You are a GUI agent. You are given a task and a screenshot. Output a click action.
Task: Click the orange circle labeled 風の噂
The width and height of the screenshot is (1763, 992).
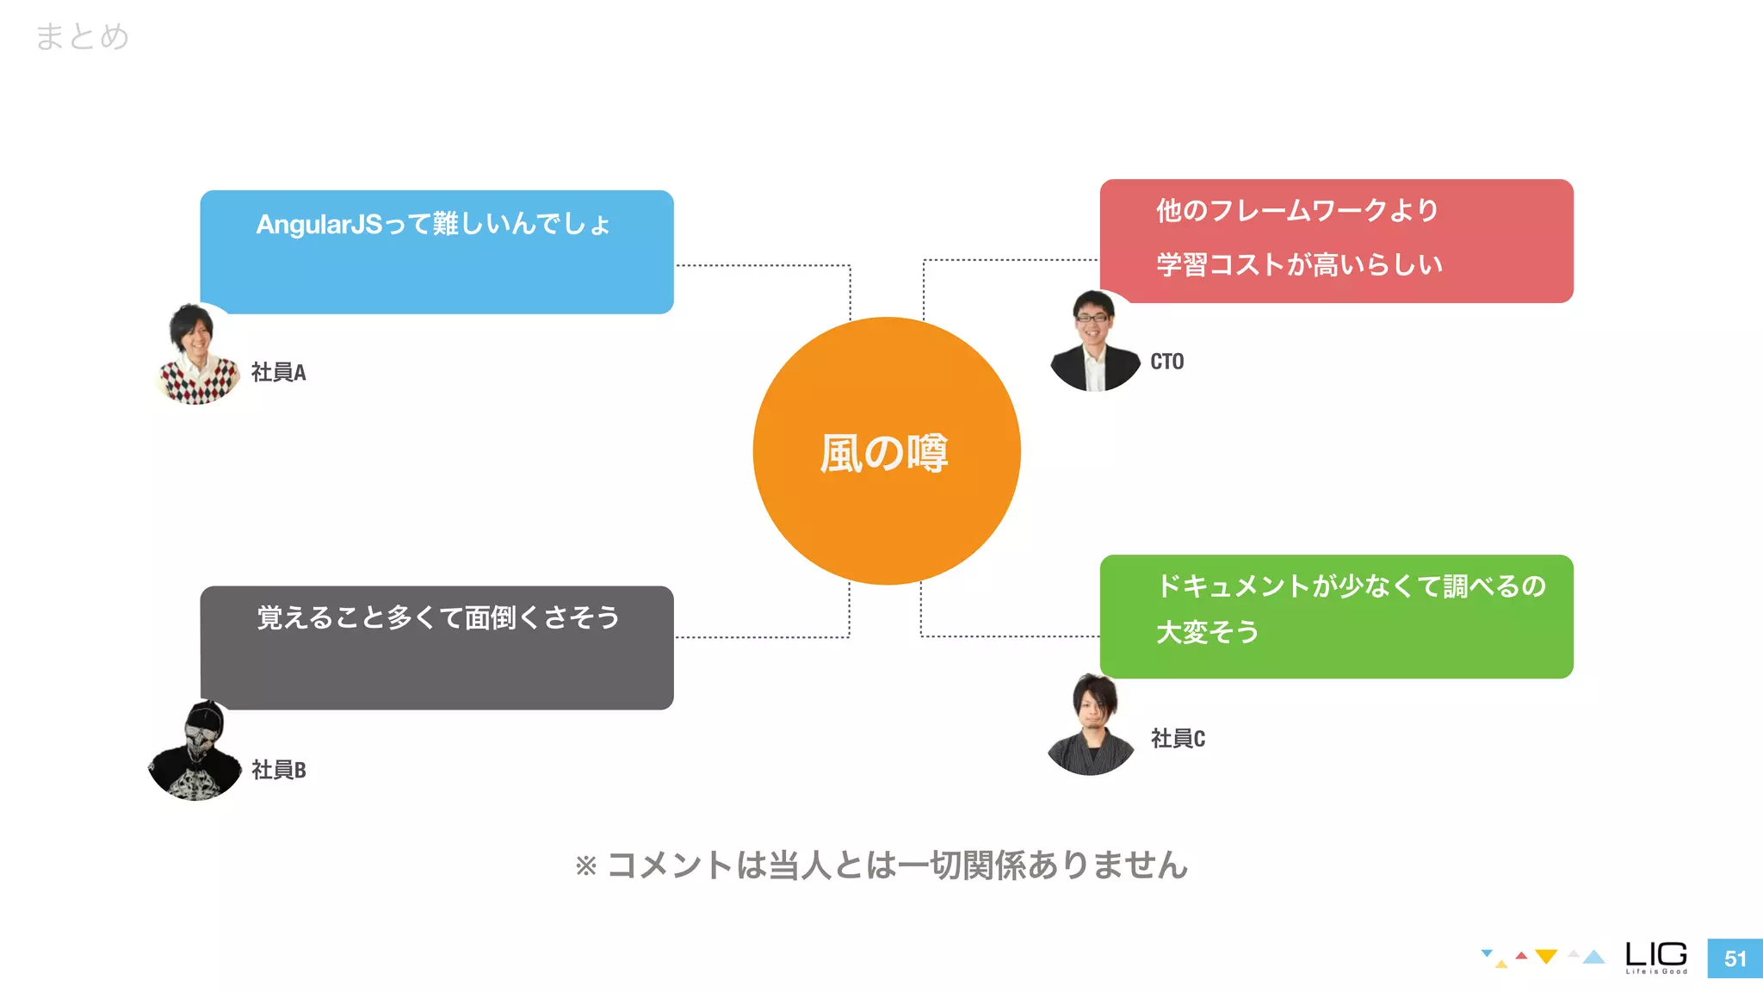887,451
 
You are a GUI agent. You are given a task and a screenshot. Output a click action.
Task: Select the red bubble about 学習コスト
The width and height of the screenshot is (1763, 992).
1336,241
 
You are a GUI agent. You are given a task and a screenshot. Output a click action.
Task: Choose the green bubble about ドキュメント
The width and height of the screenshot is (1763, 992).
1336,617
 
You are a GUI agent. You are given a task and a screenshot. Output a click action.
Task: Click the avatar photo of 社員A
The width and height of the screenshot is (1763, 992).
198,354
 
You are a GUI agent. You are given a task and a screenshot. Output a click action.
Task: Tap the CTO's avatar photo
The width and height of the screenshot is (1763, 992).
1094,341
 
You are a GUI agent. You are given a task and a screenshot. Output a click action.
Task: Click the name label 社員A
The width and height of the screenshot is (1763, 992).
278,372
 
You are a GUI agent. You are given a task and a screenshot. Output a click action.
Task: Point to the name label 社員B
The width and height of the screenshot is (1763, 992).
278,770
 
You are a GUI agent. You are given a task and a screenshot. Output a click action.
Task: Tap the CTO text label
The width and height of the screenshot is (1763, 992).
1166,362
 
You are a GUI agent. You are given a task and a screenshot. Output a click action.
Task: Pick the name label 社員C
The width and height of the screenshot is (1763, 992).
1178,739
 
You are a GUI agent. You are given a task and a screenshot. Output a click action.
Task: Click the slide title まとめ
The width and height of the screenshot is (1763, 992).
83,37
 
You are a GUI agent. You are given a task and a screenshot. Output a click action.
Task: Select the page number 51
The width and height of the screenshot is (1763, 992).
1735,958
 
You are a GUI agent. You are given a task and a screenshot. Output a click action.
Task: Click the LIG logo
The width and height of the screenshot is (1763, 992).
1655,957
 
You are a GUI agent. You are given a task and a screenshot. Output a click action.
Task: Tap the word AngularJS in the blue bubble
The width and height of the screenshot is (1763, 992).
319,225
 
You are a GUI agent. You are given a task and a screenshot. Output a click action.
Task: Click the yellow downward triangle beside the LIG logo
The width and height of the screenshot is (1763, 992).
1546,957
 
